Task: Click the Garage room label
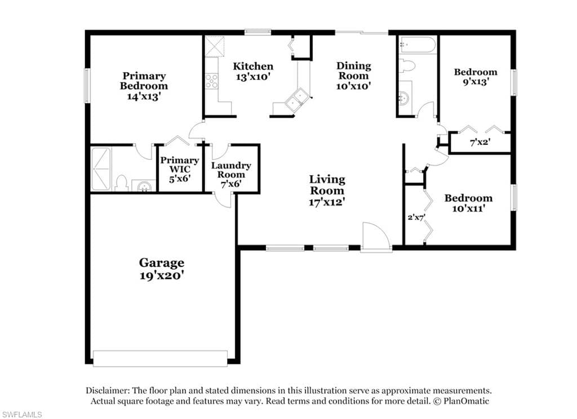pos(162,262)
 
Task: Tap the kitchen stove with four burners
pos(212,81)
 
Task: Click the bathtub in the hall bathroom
pos(418,45)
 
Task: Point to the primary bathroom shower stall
pos(101,169)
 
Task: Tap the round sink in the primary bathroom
pos(144,186)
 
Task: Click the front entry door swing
pos(375,237)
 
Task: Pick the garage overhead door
pos(160,358)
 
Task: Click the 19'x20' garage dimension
pos(162,275)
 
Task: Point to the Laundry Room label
pos(231,170)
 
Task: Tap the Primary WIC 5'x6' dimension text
pos(180,179)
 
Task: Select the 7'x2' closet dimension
pos(480,141)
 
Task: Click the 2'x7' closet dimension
pos(416,217)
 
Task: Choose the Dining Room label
pos(354,70)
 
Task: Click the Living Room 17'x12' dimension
pos(327,202)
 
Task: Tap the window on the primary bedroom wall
pos(87,86)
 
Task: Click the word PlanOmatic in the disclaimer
pos(466,400)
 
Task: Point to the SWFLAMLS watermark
pos(21,414)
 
